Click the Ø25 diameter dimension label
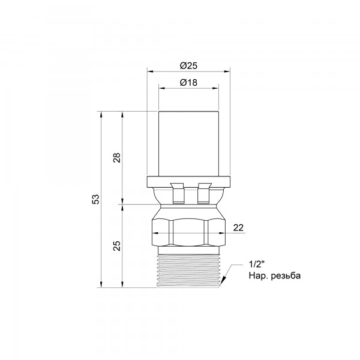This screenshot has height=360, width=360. click(x=188, y=66)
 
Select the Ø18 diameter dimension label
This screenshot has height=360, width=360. click(x=188, y=82)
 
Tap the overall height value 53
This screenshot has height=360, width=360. click(x=96, y=199)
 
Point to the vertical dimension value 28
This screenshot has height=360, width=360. click(x=117, y=157)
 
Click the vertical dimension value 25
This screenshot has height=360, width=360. click(x=117, y=245)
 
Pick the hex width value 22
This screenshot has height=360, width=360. click(x=238, y=228)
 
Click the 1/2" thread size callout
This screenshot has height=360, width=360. click(x=256, y=265)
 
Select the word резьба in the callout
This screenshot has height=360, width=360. click(x=286, y=275)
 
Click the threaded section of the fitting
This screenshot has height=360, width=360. click(x=189, y=271)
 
